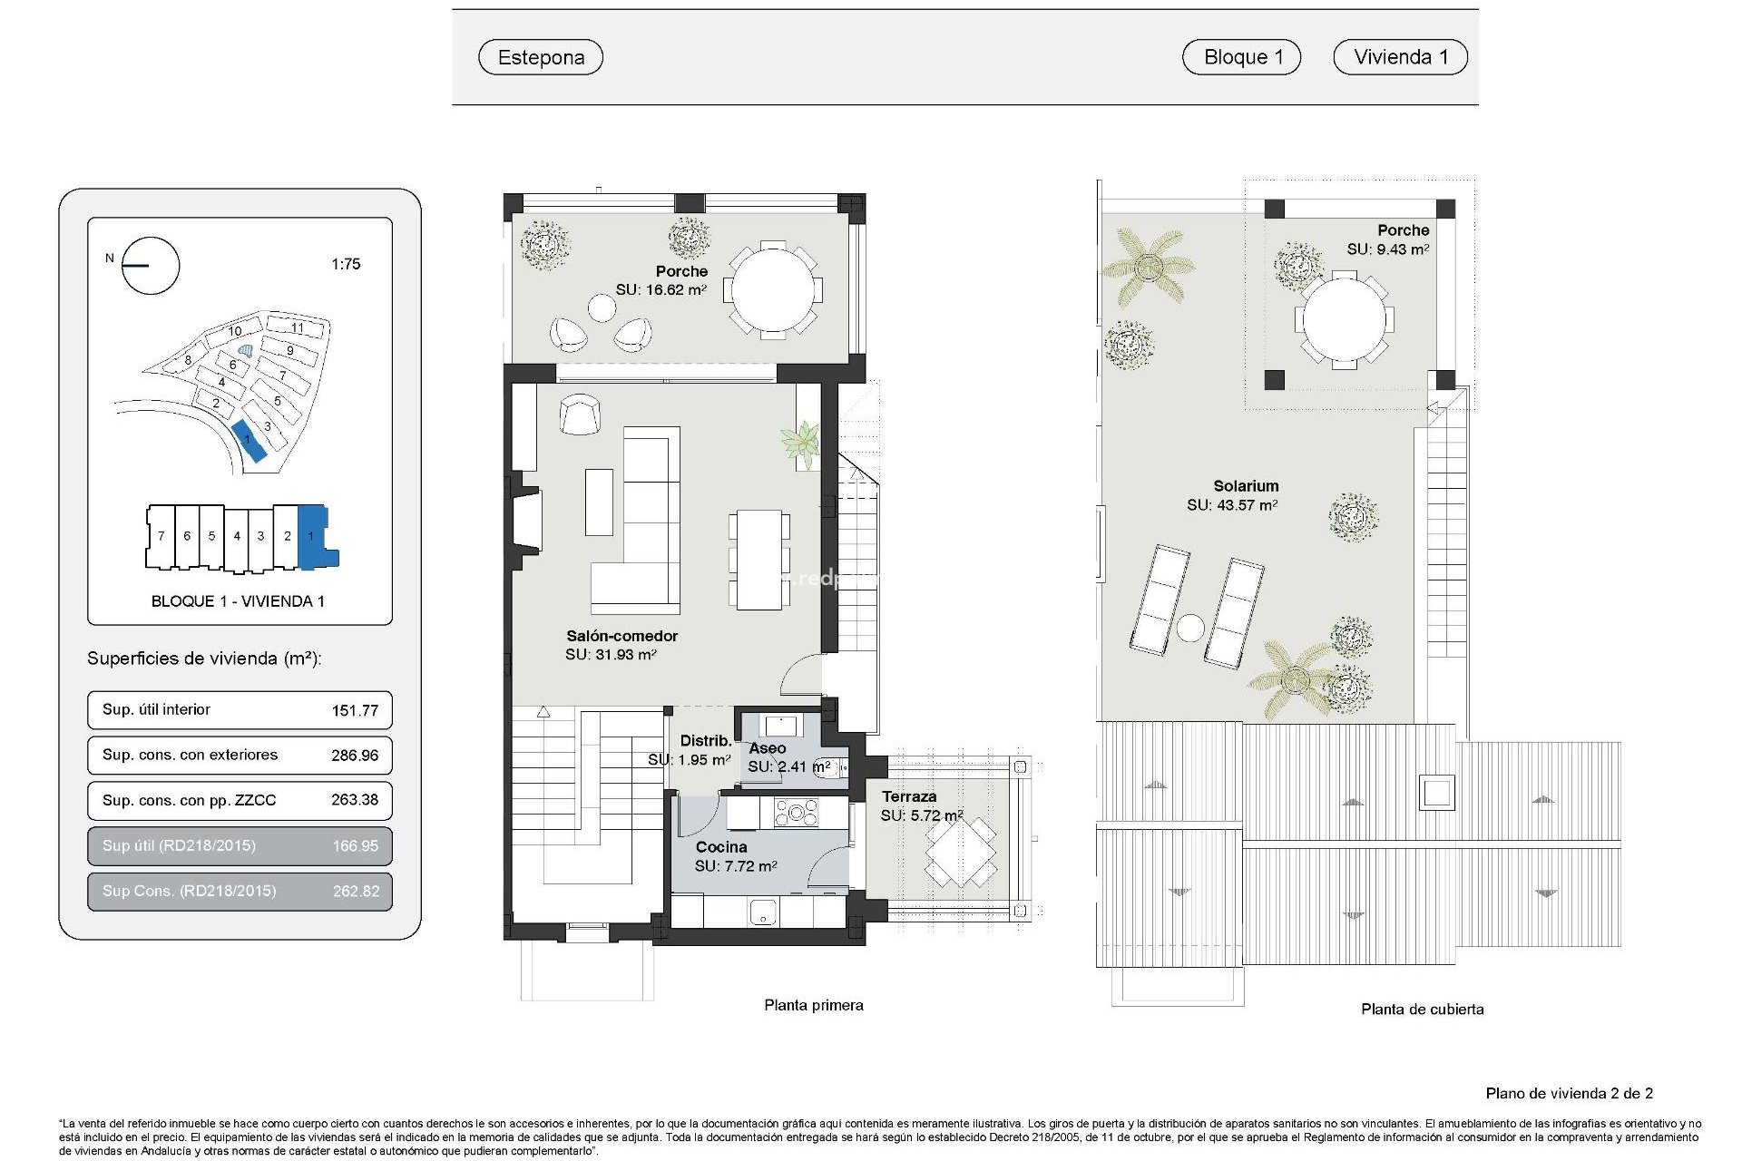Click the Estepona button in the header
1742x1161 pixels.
(541, 57)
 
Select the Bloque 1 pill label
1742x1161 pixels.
(1241, 57)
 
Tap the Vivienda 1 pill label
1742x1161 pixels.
(1400, 57)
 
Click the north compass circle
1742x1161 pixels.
(151, 266)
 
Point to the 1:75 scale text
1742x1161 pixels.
(346, 264)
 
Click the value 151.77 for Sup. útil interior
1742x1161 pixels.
(355, 710)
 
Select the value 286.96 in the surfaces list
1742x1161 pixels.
(355, 756)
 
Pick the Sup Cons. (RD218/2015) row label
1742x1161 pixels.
(189, 891)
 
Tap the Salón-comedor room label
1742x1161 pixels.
(621, 636)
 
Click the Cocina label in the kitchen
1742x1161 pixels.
(721, 847)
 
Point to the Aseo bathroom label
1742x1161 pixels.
(767, 748)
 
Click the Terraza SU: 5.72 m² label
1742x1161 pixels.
(920, 805)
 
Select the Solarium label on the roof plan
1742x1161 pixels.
(1246, 486)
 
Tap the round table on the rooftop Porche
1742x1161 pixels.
(1344, 320)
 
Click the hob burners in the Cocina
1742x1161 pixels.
(796, 812)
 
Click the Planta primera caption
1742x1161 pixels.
(813, 1005)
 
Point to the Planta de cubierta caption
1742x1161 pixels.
(1422, 1009)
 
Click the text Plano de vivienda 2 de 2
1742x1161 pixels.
(1569, 1093)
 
